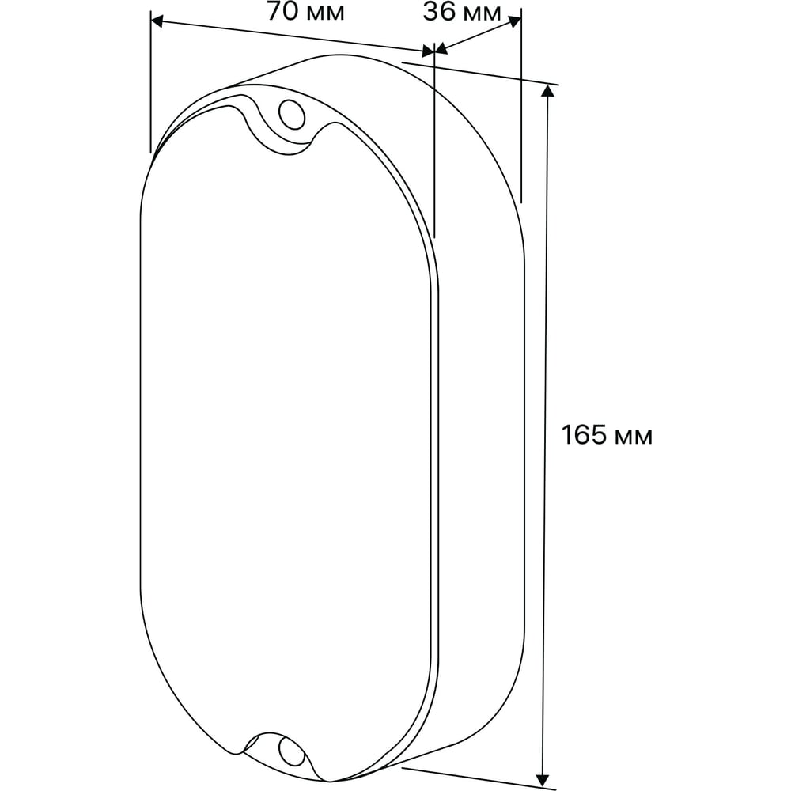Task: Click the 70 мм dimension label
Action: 305,12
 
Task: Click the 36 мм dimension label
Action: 462,13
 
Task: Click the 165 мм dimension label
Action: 607,435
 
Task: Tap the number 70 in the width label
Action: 282,12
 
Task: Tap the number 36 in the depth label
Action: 439,13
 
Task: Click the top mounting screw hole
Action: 292,115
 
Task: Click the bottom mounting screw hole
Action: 291,753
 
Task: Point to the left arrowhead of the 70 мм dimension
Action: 157,21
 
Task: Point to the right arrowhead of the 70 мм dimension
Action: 428,51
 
